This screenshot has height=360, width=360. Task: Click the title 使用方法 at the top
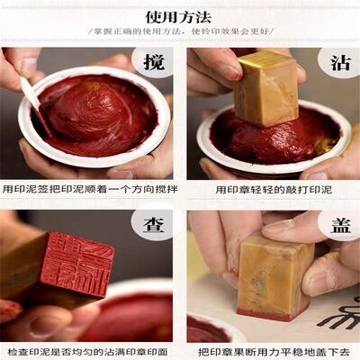pyautogui.click(x=180, y=15)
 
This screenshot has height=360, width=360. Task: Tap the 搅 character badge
pyautogui.click(x=151, y=64)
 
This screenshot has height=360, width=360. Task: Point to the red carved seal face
pyautogui.click(x=76, y=265)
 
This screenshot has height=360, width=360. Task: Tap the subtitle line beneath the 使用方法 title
pyautogui.click(x=180, y=34)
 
